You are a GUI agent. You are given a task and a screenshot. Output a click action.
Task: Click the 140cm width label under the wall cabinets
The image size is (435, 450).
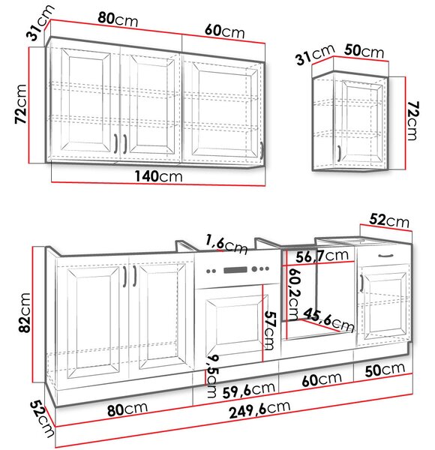158,176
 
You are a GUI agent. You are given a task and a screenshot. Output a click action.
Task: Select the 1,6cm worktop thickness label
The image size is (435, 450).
226,244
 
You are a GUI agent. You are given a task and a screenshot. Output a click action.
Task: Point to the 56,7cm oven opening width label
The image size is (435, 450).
322,256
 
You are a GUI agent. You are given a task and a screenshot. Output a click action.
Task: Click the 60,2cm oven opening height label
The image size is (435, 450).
294,294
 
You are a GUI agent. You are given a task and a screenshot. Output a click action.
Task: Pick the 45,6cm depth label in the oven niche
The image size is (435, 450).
328,320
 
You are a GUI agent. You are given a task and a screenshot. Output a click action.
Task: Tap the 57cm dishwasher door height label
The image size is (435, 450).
269,331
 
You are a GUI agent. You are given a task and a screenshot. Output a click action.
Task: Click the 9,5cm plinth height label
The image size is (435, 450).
213,376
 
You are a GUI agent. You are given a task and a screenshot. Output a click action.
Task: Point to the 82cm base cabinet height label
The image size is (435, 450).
25,313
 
